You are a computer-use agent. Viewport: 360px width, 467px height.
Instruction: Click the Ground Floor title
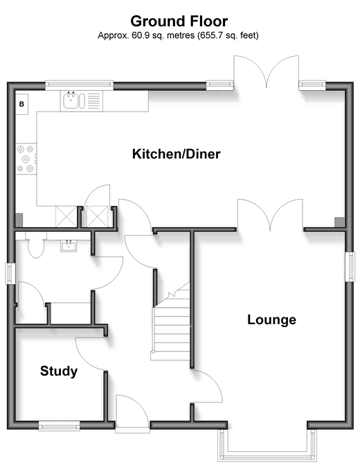(x=179, y=21)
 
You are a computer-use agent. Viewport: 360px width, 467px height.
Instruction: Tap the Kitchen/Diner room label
(x=177, y=154)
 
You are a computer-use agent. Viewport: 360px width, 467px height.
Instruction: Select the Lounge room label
(x=271, y=319)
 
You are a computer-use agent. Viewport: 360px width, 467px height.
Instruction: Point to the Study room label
(x=59, y=371)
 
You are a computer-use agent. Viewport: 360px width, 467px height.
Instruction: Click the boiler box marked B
(x=21, y=104)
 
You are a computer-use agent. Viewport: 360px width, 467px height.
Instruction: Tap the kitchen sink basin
(x=71, y=100)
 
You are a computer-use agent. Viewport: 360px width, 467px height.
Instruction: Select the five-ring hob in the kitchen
(x=26, y=159)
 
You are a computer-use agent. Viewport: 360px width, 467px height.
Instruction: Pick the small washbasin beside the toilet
(x=69, y=246)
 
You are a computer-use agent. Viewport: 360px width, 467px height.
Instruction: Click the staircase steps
(x=172, y=325)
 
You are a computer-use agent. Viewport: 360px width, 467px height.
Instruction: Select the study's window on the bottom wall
(x=60, y=426)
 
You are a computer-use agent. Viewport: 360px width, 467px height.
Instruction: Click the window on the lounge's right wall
(x=350, y=267)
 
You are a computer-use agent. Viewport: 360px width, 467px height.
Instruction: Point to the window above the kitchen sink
(x=80, y=85)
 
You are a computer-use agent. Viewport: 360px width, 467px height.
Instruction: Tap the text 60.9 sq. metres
(x=163, y=35)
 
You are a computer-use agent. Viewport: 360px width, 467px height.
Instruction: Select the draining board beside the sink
(x=93, y=100)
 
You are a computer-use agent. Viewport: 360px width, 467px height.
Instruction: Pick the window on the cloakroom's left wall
(x=10, y=274)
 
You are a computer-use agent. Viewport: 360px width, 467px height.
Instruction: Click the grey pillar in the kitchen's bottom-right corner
(x=340, y=222)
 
